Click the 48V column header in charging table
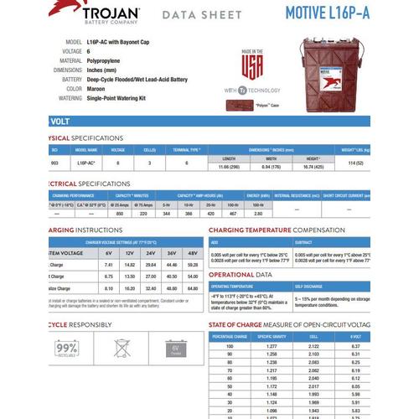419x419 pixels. (194, 251)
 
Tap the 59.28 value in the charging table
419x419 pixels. (194, 263)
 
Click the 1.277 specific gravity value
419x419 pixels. (272, 345)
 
